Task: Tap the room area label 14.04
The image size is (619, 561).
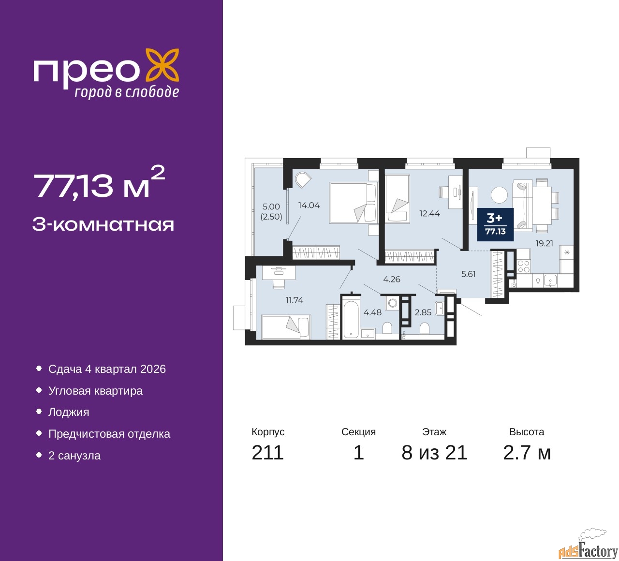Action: (x=309, y=205)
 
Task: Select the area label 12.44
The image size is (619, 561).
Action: (x=429, y=213)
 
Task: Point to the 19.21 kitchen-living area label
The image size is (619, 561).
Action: (x=544, y=243)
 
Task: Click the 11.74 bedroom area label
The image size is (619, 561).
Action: (x=295, y=300)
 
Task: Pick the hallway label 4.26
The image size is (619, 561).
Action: (x=392, y=279)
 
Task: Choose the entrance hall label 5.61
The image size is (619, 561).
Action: (x=468, y=274)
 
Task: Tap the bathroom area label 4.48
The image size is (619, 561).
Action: (x=372, y=312)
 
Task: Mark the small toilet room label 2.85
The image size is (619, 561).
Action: (x=423, y=312)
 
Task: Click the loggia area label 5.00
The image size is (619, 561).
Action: (x=271, y=207)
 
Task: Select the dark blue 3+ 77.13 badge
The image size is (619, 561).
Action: (x=495, y=224)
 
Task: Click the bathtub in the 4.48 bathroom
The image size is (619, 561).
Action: (x=351, y=319)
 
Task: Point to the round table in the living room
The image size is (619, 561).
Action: (x=499, y=195)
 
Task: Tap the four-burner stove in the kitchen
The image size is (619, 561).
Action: (x=523, y=266)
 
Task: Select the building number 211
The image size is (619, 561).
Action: (x=267, y=453)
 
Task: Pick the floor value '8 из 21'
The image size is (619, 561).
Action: (x=434, y=453)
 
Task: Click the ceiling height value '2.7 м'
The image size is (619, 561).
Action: (x=527, y=453)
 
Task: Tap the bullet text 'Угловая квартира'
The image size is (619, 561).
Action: (x=95, y=391)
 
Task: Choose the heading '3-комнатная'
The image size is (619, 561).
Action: (x=103, y=225)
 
